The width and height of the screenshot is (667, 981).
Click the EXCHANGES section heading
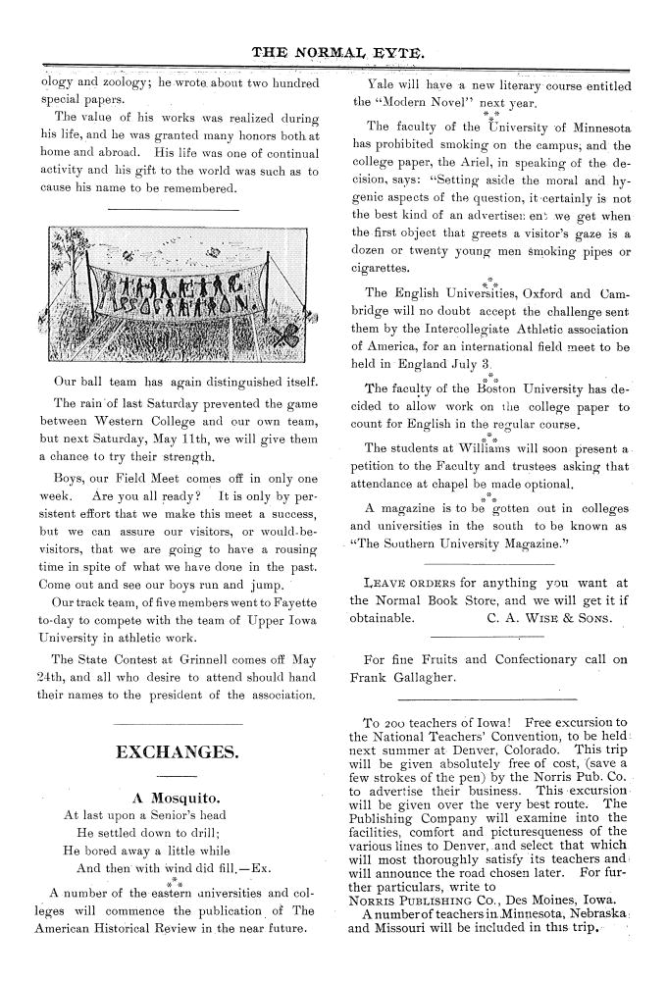coord(177,752)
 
